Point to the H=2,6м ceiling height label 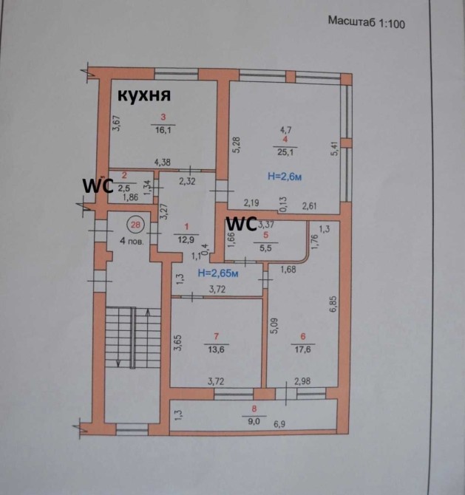tap(285, 177)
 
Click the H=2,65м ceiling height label tap(218, 273)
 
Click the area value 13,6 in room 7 tap(217, 352)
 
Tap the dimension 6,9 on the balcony tap(280, 426)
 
